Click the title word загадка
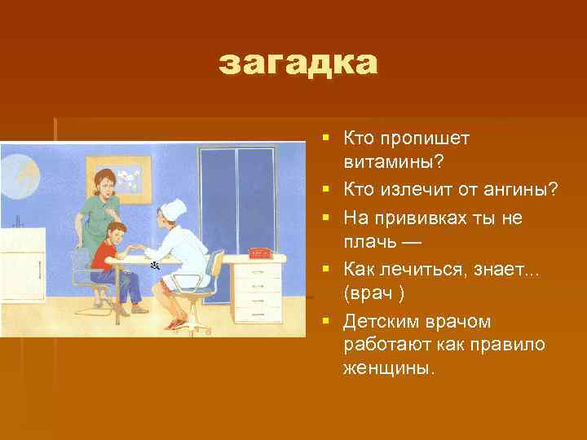[298, 64]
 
